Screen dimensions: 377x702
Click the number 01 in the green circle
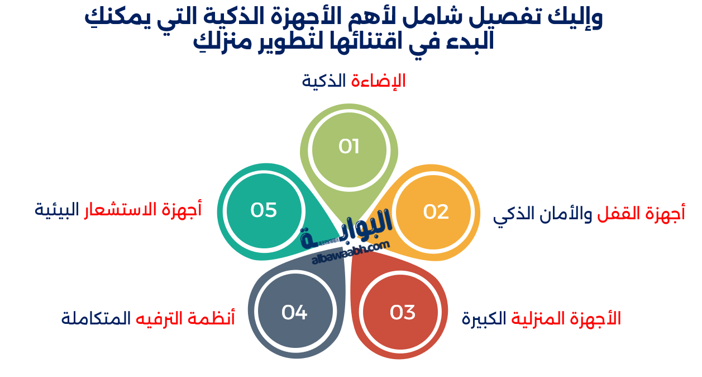349,147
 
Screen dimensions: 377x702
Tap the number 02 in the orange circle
436,212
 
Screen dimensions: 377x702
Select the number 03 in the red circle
403,312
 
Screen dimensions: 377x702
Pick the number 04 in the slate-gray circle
294,312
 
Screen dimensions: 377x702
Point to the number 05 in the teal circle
264,210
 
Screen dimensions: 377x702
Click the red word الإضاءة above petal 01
379,81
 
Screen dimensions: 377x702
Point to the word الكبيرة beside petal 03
484,319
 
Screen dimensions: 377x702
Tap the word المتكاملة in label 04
95,319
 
